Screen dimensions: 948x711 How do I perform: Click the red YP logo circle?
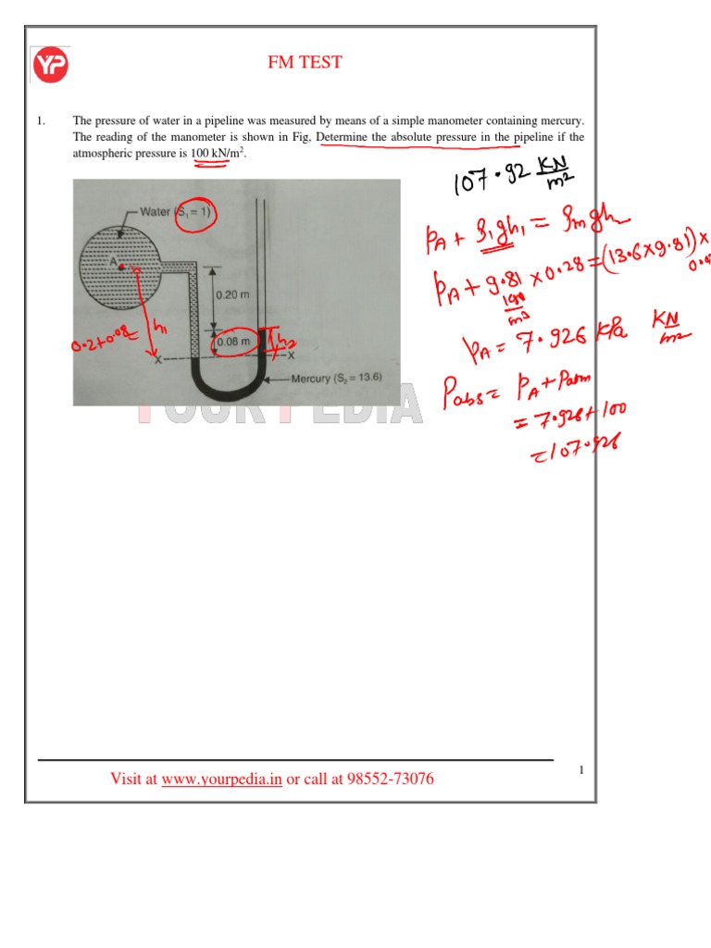pyautogui.click(x=51, y=65)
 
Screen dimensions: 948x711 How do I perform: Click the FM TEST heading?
pyautogui.click(x=305, y=63)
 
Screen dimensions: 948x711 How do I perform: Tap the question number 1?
pyautogui.click(x=41, y=121)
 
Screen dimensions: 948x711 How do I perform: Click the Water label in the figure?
pyautogui.click(x=156, y=211)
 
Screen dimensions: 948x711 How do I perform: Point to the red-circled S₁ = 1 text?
pyautogui.click(x=194, y=212)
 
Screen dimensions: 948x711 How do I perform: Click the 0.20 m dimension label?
pyautogui.click(x=231, y=294)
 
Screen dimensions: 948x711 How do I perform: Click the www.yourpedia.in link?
pyautogui.click(x=221, y=780)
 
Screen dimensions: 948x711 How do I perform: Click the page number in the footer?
pyautogui.click(x=581, y=770)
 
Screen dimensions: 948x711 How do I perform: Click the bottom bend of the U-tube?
pyautogui.click(x=228, y=389)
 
